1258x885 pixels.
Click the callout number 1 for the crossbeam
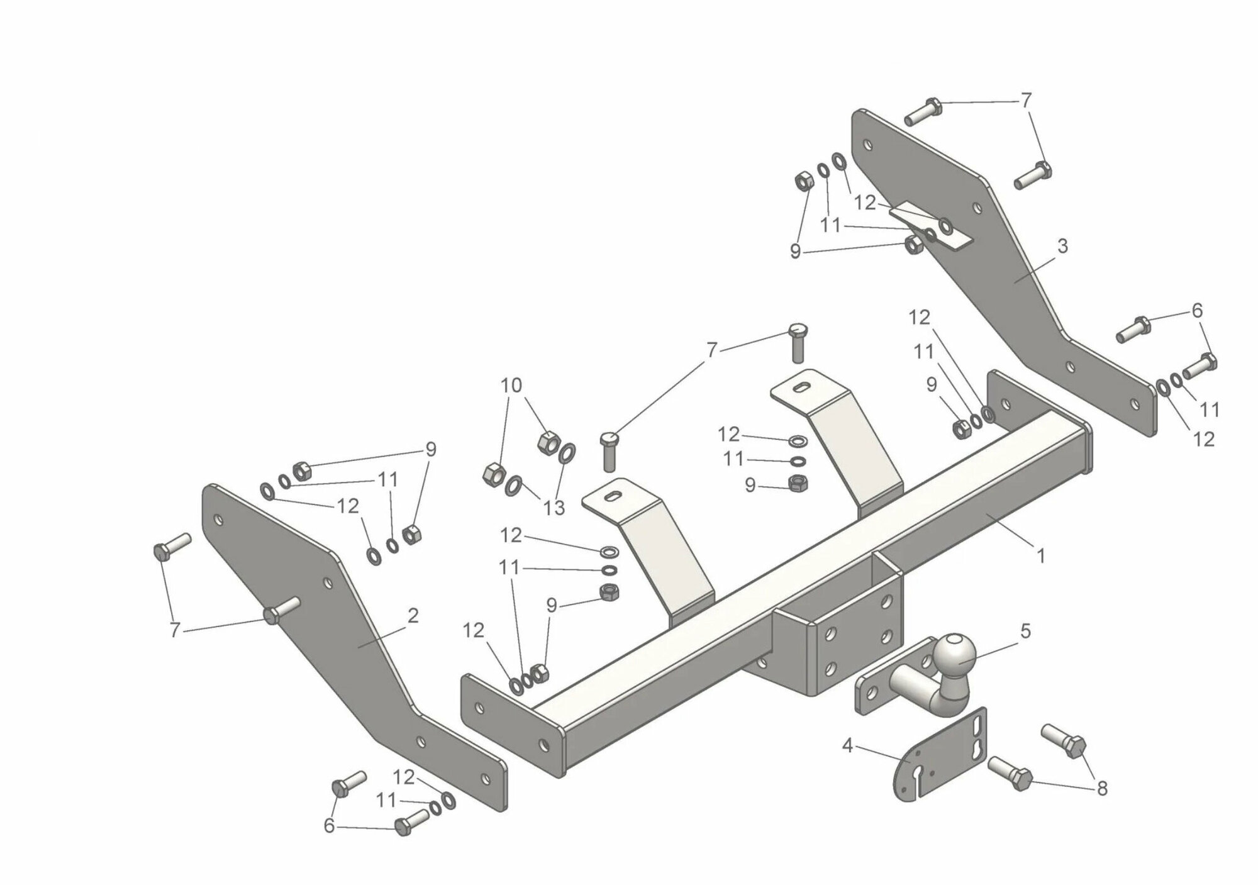(x=1040, y=556)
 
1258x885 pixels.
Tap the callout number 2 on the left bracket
(x=413, y=616)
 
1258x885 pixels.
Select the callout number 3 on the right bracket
(x=1062, y=247)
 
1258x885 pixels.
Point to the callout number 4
(x=847, y=746)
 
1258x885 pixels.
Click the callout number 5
(x=1026, y=631)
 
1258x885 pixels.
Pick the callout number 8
(x=1101, y=788)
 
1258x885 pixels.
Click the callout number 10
(x=511, y=385)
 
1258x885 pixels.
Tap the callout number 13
(x=554, y=508)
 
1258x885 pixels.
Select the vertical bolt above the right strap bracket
(x=798, y=342)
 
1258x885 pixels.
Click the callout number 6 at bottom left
(x=329, y=827)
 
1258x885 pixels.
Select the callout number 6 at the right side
(x=1197, y=310)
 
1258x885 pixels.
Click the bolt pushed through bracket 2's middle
(x=281, y=610)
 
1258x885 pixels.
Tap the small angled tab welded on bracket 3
(x=930, y=225)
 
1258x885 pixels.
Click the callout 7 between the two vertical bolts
(x=711, y=350)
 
